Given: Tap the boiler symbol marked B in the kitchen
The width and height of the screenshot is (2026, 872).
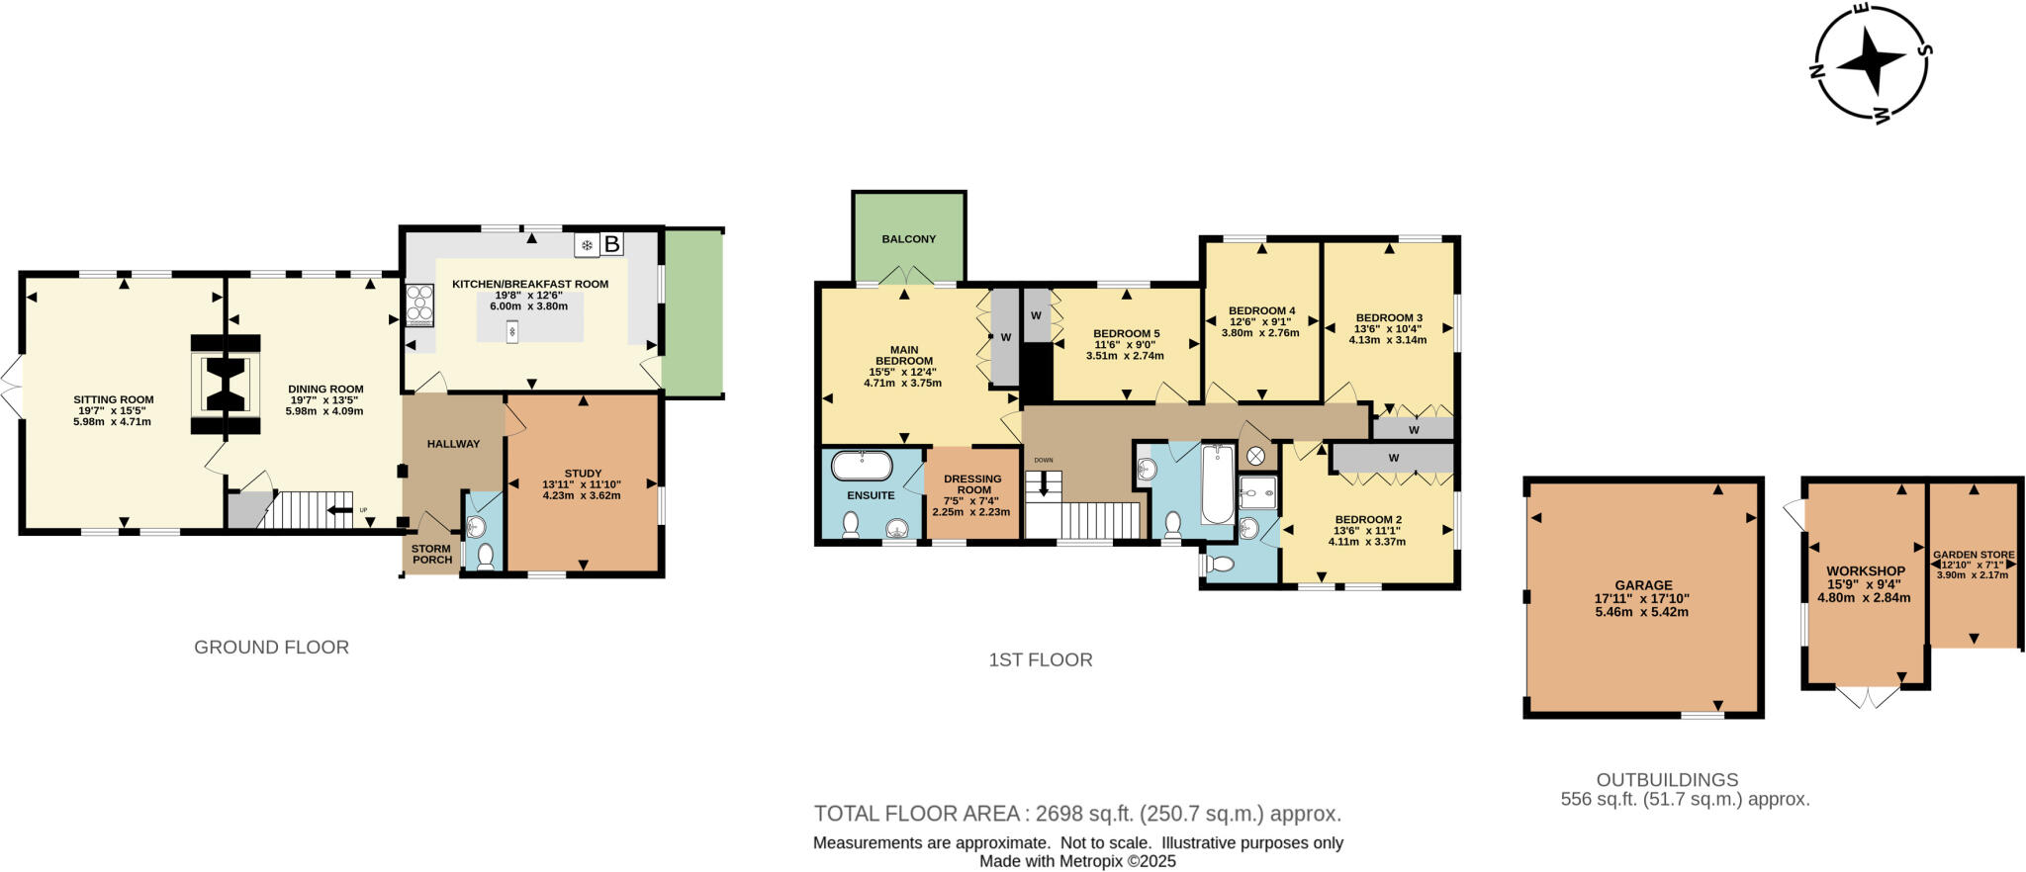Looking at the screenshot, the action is coord(612,243).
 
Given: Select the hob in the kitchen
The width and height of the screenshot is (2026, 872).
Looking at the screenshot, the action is coord(419,305).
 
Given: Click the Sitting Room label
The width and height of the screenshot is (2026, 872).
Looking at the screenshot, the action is coord(113,399).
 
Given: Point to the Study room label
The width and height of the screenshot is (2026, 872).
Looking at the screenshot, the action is coord(583,473).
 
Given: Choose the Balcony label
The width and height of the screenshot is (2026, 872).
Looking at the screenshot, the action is coord(909,239).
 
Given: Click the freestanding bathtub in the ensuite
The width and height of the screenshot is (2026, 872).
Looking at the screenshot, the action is coord(862,466).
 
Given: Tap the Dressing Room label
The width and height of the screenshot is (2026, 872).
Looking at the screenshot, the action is coord(972,484).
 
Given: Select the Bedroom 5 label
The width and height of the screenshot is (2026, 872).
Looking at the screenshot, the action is coord(1126,333).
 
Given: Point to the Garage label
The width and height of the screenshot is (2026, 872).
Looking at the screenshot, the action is coord(1643,585).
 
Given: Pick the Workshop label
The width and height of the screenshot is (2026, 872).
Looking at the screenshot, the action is coord(1866,571).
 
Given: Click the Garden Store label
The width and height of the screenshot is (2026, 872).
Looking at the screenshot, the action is coord(1974,555).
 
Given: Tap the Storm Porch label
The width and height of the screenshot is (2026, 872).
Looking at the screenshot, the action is coord(431,555).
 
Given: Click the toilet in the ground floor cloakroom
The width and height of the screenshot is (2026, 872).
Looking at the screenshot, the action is coord(485,558).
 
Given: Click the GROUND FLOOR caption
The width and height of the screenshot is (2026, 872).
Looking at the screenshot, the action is coord(271,648).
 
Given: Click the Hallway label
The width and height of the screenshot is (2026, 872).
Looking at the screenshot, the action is coord(453,444).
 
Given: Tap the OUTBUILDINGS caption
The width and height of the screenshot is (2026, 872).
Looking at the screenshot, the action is coord(1667,780).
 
